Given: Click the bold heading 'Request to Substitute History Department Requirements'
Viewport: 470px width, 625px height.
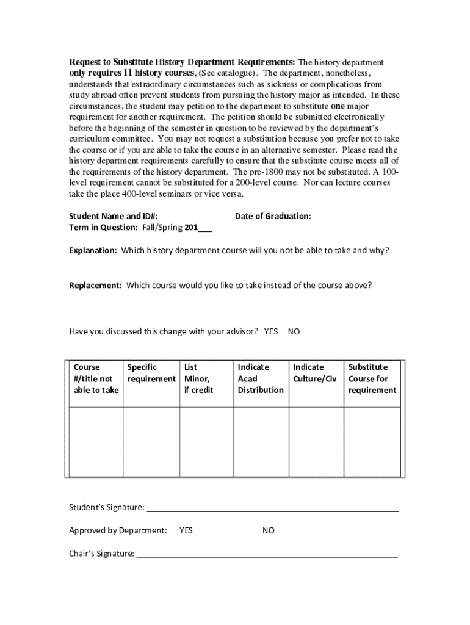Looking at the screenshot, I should click(x=182, y=62).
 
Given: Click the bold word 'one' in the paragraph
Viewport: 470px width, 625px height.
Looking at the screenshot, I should click(x=338, y=106).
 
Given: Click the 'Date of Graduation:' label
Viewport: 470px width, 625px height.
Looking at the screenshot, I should click(x=273, y=216).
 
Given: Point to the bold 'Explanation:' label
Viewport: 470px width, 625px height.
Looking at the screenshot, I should click(x=93, y=250).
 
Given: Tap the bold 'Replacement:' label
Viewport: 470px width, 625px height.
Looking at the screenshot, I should click(x=95, y=285).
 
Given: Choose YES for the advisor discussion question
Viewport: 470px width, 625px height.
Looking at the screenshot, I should click(x=271, y=331).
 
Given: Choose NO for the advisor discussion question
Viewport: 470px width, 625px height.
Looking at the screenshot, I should click(x=294, y=331).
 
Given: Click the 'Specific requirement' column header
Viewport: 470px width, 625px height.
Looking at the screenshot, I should click(x=151, y=373).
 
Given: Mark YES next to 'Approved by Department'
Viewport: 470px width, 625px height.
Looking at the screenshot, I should click(x=186, y=530).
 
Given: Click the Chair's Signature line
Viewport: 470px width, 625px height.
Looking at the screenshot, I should click(x=267, y=554).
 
